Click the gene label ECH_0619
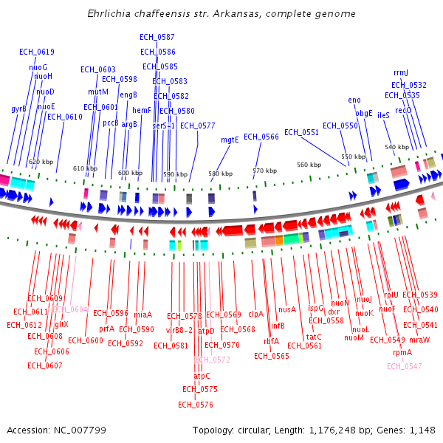point(37,52)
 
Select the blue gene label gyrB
point(18,109)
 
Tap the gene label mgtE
point(230,140)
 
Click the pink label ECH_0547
point(405,366)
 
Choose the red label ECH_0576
point(196,405)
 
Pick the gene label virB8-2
point(179,330)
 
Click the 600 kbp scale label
point(130,173)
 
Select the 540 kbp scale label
point(396,147)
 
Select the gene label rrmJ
point(401,72)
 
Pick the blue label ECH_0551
point(301,132)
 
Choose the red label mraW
point(419,340)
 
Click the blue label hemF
point(142,110)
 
